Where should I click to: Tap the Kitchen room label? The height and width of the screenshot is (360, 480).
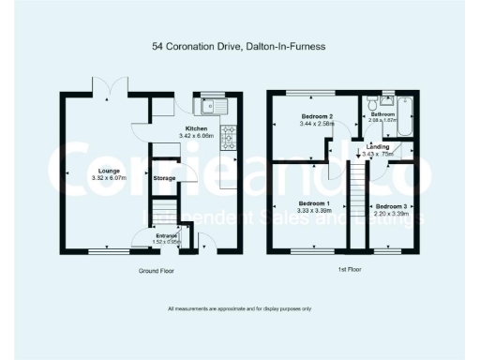(x=196, y=128)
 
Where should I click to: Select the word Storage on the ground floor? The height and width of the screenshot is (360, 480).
(x=165, y=177)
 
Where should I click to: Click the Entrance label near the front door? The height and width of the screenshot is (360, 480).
(x=167, y=235)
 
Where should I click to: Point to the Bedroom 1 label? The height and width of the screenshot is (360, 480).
(x=314, y=203)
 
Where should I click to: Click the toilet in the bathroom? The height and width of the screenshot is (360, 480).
(x=373, y=99)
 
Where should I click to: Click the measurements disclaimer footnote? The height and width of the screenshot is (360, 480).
(x=239, y=308)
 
